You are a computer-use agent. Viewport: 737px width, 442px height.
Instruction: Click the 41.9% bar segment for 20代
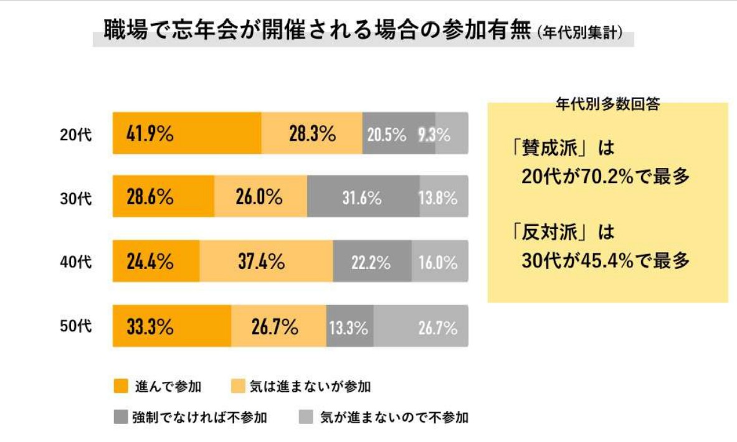187,133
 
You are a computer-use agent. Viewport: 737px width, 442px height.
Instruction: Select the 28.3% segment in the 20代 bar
311,133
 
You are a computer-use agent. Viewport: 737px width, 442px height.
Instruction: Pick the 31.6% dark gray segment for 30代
363,197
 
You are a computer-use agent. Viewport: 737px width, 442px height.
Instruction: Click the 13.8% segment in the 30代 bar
444,197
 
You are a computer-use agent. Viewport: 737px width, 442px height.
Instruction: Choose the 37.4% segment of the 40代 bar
266,261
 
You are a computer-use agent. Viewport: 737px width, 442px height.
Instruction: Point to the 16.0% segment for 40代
439,261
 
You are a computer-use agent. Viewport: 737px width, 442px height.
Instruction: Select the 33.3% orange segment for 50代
172,326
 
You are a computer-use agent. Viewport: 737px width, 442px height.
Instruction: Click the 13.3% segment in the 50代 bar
349,326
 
